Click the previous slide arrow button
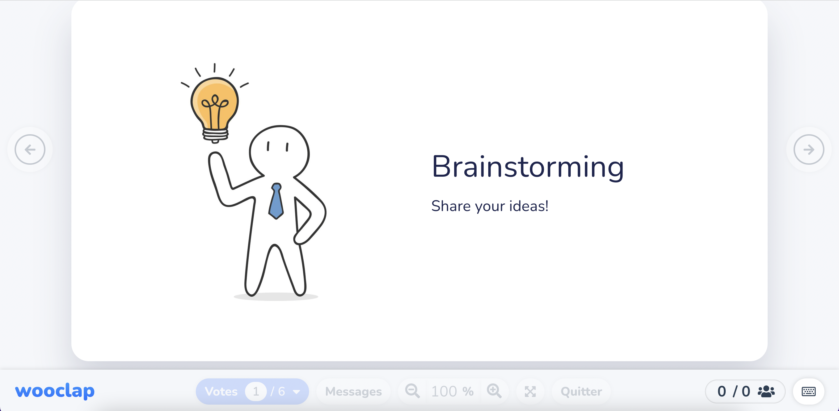tap(30, 150)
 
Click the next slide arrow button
tap(809, 150)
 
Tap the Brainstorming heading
tap(527, 167)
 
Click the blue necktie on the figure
tap(276, 202)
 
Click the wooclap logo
tap(55, 391)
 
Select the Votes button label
tap(221, 391)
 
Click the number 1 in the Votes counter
tap(256, 391)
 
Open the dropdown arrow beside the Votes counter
tap(296, 392)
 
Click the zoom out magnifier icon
tap(412, 391)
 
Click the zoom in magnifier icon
tap(494, 391)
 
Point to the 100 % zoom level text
tap(452, 391)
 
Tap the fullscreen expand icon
tap(530, 391)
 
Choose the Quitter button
tap(581, 391)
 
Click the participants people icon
tap(766, 391)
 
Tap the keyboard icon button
tap(808, 391)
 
